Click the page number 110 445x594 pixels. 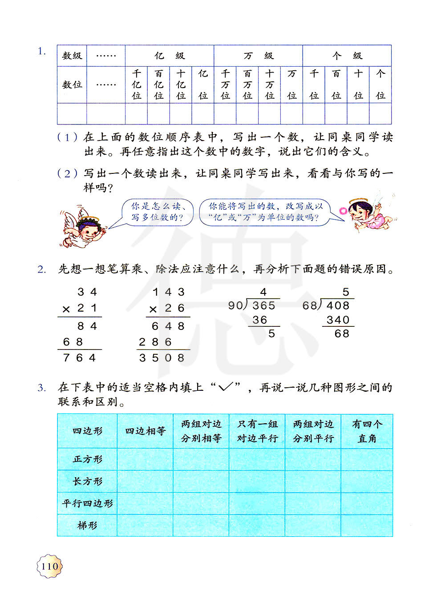(50, 566)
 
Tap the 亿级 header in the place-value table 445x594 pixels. (170, 56)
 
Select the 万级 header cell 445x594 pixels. (258, 56)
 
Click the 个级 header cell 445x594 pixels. (347, 56)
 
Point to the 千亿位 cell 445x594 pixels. (137, 84)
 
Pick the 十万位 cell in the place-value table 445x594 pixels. (270, 84)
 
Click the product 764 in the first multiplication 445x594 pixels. (79, 358)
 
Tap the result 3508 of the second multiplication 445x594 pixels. (162, 358)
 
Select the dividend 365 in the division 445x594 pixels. (264, 305)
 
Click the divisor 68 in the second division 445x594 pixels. (310, 305)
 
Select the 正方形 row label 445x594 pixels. (87, 459)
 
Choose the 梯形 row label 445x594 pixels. (87, 526)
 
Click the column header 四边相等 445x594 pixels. (145, 431)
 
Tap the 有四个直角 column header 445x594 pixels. (367, 431)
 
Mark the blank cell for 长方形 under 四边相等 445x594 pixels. (145, 482)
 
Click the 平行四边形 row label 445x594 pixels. (87, 503)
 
